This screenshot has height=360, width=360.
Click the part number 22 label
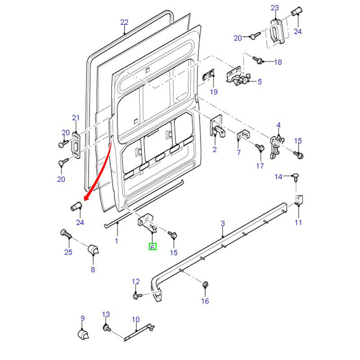click(125, 22)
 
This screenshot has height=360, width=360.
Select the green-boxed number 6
click(153, 247)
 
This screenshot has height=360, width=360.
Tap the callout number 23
click(275, 8)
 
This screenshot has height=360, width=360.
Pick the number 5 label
click(259, 81)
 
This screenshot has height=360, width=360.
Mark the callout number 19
click(214, 92)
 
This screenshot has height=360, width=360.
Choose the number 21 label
click(76, 118)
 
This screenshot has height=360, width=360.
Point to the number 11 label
click(298, 222)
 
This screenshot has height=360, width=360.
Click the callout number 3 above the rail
click(223, 224)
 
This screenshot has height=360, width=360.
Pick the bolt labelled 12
click(136, 296)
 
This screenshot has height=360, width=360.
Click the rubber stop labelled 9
click(82, 336)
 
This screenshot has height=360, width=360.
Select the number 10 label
click(136, 320)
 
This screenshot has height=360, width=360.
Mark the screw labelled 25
click(65, 234)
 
